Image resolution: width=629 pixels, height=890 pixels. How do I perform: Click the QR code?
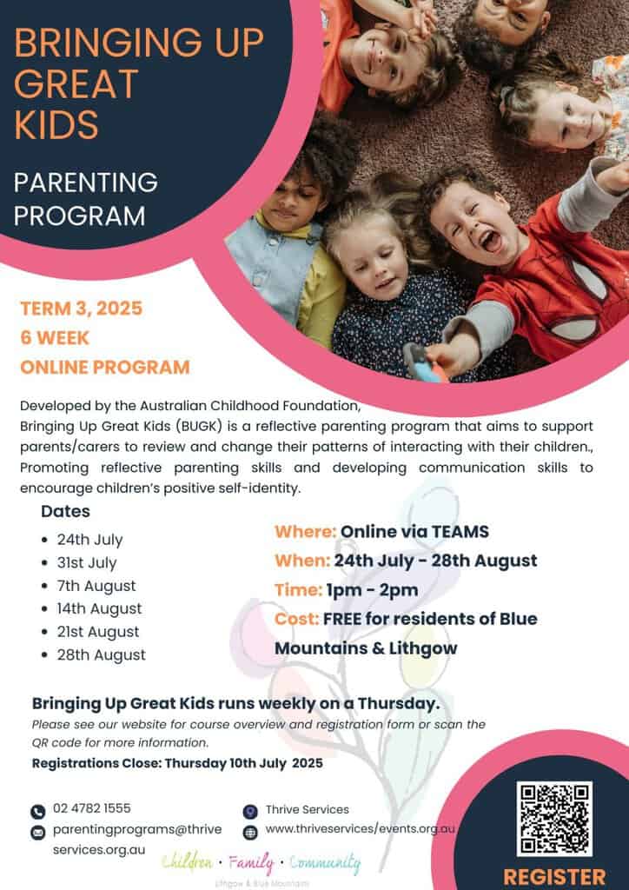(x=554, y=818)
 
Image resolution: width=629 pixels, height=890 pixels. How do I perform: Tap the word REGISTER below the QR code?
(x=554, y=875)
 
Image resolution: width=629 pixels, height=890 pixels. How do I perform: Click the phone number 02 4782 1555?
(x=91, y=808)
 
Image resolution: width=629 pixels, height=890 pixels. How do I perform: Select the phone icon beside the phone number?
(x=37, y=812)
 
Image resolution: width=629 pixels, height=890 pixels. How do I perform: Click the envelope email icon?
(x=37, y=833)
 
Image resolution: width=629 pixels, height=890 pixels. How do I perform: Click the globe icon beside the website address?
(x=250, y=832)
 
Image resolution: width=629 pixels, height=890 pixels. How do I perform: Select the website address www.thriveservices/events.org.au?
(x=360, y=830)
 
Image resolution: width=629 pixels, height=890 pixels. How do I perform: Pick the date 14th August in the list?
(x=99, y=608)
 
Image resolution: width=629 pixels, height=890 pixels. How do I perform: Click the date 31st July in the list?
(x=87, y=562)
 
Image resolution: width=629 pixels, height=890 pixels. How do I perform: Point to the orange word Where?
(x=305, y=531)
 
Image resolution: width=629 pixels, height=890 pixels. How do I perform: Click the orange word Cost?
(x=295, y=619)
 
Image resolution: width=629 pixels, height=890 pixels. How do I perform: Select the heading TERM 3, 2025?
(x=82, y=308)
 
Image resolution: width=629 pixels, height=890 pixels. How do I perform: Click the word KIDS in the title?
(x=56, y=124)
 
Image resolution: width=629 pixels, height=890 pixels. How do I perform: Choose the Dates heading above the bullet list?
(x=65, y=512)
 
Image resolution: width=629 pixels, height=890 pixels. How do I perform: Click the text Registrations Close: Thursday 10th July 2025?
(x=177, y=764)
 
